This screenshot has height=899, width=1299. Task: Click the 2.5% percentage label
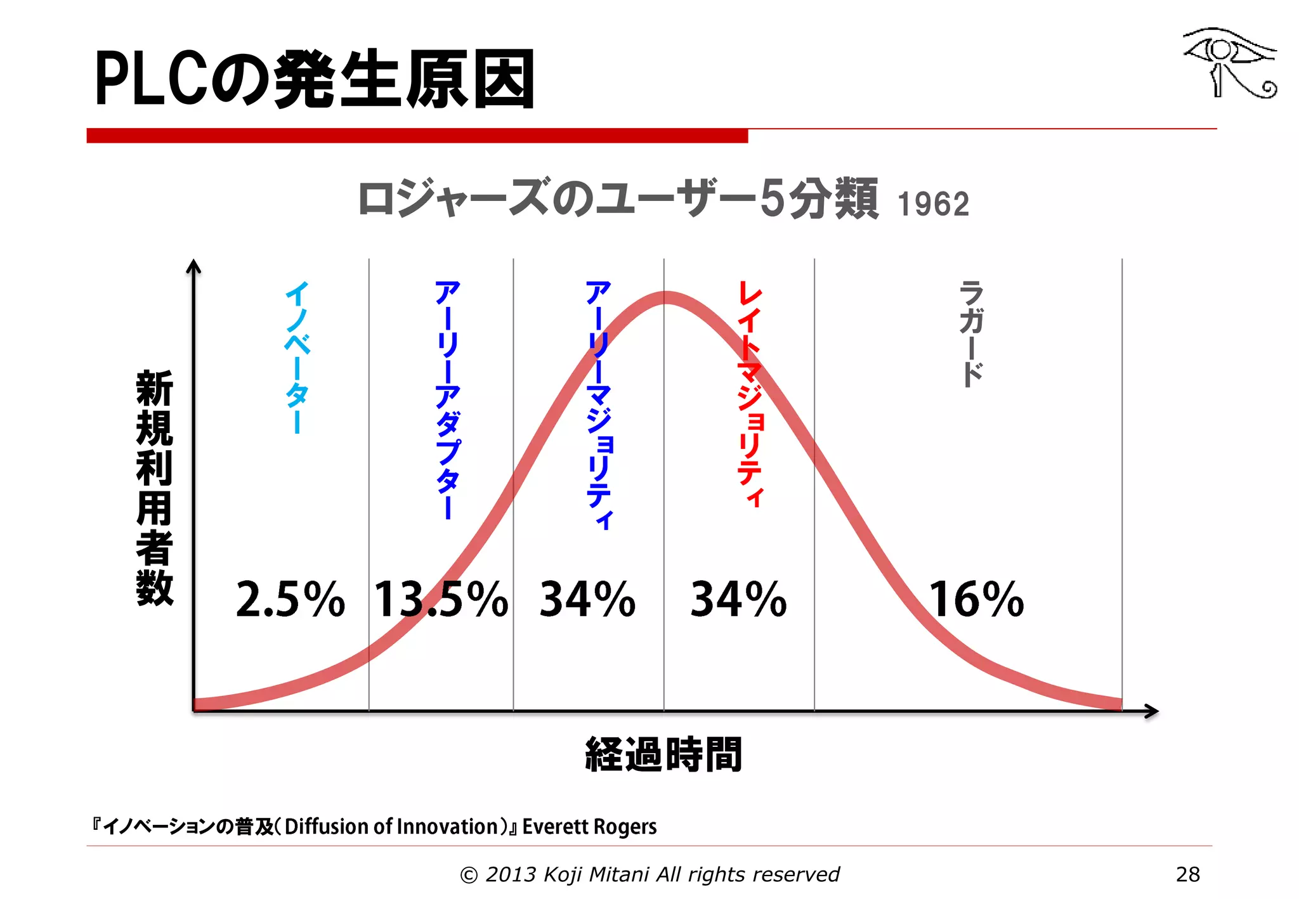[x=290, y=599]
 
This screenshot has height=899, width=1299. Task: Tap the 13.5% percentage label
[x=441, y=599]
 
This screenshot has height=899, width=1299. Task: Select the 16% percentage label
[x=976, y=599]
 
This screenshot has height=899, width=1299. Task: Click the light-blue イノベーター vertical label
[x=297, y=358]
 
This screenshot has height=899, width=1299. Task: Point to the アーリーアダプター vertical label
[x=447, y=399]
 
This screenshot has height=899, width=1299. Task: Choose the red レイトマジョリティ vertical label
[x=749, y=393]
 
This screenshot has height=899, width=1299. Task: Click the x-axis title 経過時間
[x=663, y=754]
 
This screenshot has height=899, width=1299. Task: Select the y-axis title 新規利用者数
[x=154, y=488]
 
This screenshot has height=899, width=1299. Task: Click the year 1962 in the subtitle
[x=933, y=205]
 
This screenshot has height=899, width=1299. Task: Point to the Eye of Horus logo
[x=1229, y=62]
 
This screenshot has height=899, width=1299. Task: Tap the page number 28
[x=1187, y=874]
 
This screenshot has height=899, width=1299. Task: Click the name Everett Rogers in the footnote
[x=589, y=827]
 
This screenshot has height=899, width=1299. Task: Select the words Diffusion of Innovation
[x=391, y=827]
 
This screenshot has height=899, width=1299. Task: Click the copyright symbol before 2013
[x=468, y=876]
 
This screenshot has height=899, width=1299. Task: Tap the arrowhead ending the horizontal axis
[x=1152, y=711]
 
